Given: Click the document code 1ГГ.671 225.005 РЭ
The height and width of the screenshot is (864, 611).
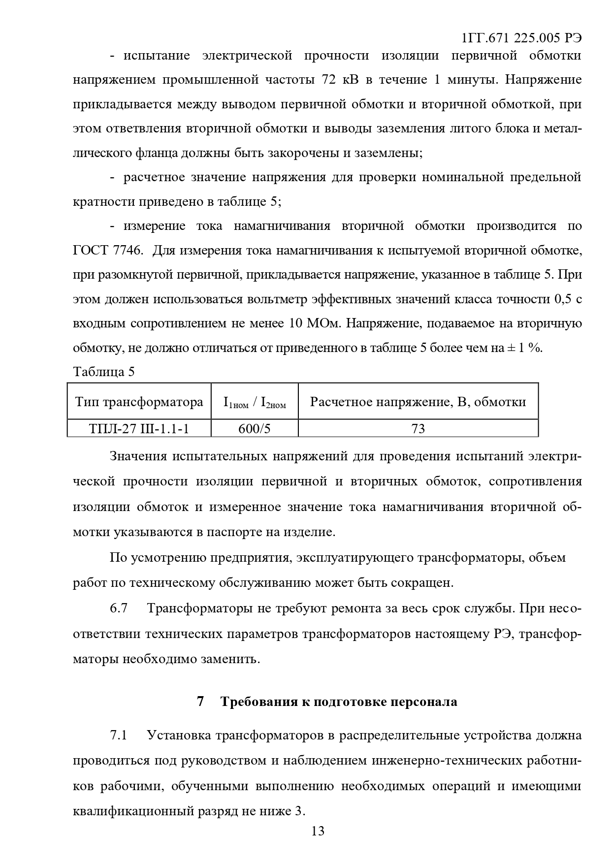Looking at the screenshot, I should point(521,38).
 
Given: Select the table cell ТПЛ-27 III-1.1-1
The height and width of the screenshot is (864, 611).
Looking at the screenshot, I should point(139,428).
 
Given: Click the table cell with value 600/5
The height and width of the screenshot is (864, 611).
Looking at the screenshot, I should point(254,428).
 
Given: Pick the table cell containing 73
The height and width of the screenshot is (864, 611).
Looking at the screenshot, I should point(418,428).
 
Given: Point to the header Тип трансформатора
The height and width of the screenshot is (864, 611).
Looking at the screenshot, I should point(139,402).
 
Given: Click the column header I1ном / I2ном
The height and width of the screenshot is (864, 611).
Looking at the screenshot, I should point(254,403).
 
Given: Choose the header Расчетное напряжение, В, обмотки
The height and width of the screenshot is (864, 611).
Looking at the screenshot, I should point(418,402).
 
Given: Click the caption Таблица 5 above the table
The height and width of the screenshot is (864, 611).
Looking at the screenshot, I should point(103,371).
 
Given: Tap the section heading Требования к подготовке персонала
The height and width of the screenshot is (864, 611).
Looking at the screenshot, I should point(339,701).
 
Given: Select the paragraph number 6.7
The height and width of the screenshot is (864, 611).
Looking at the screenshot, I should point(119,608).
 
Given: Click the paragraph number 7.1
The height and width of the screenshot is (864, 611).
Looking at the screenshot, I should point(119,735).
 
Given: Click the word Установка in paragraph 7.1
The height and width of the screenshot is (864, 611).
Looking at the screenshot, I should point(179,735).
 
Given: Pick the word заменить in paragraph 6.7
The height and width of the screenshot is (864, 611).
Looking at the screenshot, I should point(230,658).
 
